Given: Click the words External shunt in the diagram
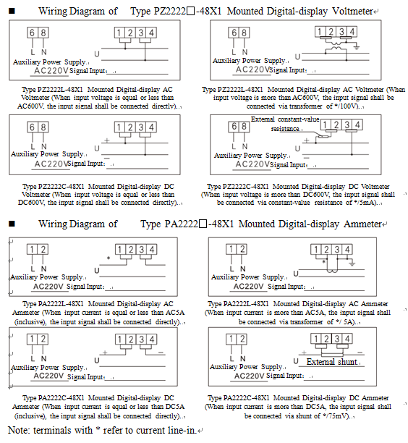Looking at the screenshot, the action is click(332, 362).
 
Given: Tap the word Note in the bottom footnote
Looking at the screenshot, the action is click(18, 430).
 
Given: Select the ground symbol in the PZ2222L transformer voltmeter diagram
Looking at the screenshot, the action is click(357, 47).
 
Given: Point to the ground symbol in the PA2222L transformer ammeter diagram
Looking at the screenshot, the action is click(352, 264).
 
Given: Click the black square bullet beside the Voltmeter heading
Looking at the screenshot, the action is click(12, 12).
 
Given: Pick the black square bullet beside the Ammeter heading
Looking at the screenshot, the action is click(12, 224).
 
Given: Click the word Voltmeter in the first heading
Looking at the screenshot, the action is click(352, 12).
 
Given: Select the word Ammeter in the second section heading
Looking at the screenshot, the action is click(363, 224).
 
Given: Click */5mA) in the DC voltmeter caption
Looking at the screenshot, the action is click(366, 203).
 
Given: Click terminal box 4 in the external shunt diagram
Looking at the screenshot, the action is click(347, 339).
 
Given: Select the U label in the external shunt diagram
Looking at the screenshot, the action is click(296, 361).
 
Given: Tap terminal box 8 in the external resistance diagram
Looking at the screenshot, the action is click(245, 127).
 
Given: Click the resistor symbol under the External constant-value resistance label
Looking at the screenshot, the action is click(323, 137).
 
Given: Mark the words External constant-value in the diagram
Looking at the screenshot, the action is click(285, 119).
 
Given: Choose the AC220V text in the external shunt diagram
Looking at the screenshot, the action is click(249, 376).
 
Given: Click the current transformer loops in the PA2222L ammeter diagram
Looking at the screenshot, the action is click(332, 271).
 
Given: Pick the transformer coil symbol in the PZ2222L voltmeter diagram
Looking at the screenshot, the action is click(336, 46).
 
